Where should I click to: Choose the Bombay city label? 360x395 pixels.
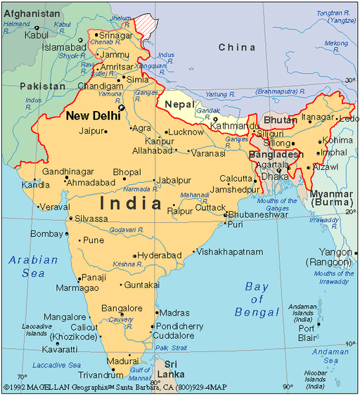click(47, 233)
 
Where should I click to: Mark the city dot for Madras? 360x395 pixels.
click(154, 313)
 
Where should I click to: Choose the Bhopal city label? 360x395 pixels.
click(127, 171)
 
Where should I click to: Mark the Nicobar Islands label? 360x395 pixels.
click(316, 378)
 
